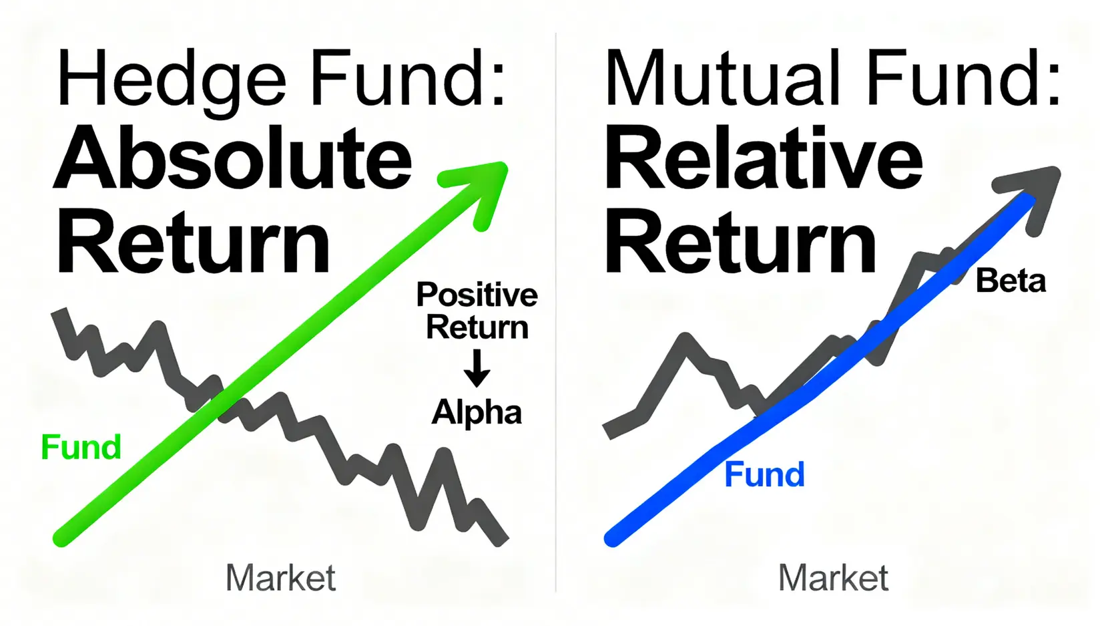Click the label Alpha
[477, 412]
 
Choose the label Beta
[1011, 281]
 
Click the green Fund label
[81, 447]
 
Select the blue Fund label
[764, 475]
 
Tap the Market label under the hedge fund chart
[280, 578]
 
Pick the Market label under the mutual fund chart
[833, 578]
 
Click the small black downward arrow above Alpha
[477, 369]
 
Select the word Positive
[477, 295]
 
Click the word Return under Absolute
[193, 242]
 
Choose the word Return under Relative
[740, 242]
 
